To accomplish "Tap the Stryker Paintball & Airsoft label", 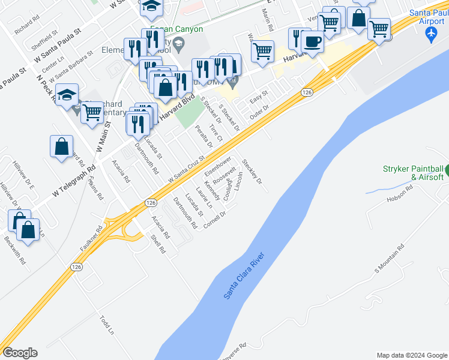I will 413,173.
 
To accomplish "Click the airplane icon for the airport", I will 430,34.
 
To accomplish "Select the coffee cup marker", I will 312,42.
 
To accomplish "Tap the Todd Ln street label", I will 107,324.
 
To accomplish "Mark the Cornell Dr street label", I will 215,216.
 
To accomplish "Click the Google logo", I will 20,353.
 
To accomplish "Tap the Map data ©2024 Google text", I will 412,355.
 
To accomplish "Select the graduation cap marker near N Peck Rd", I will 67,95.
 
